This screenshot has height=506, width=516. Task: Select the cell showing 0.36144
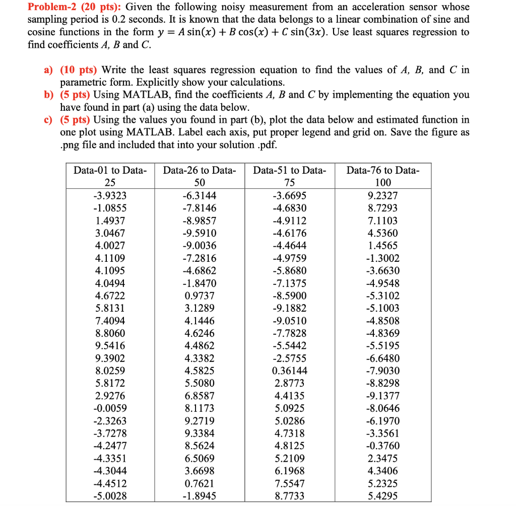click(289, 371)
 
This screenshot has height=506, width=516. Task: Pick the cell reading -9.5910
click(200, 233)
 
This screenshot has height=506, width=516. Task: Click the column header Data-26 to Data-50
click(200, 176)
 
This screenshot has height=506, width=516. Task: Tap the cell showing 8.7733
click(289, 495)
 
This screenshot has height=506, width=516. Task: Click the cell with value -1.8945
click(200, 495)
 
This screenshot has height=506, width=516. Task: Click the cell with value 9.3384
click(200, 433)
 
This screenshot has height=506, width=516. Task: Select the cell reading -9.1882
click(289, 308)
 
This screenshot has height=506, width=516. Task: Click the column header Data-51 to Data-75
click(289, 176)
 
